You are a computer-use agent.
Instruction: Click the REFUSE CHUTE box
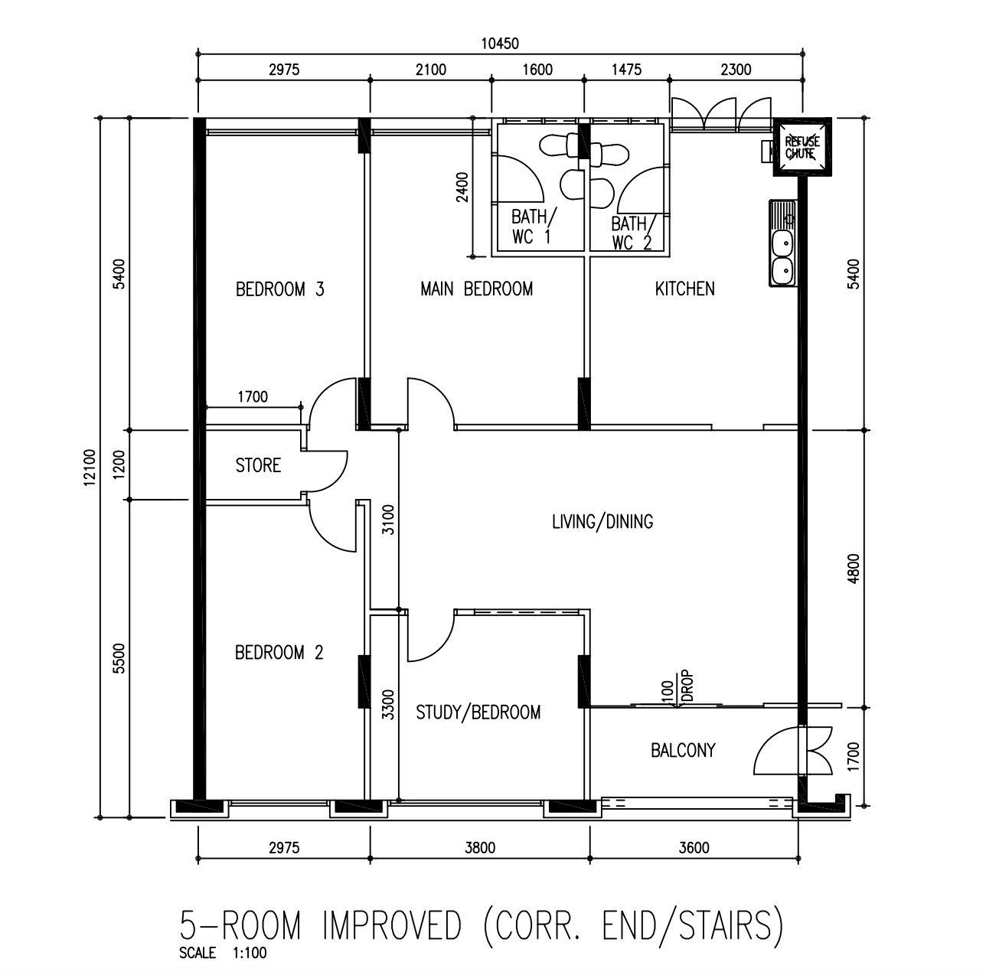pos(802,148)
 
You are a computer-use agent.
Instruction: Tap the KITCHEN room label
pos(684,289)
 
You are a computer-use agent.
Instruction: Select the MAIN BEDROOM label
pos(476,289)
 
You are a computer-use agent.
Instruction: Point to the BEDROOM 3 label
pos(280,289)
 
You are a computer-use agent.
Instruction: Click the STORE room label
pos(258,465)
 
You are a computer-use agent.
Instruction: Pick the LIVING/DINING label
pos(602,522)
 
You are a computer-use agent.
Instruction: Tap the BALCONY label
pos(683,751)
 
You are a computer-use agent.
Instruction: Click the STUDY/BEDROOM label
pos(478,712)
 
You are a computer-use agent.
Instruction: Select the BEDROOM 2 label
pos(279,653)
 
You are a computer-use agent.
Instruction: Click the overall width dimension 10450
pos(500,44)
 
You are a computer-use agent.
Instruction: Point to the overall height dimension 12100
pos(90,468)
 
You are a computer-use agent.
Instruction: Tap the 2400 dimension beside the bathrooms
pos(462,187)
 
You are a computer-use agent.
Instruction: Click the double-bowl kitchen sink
pos(782,243)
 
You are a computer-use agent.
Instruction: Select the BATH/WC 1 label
pos(531,227)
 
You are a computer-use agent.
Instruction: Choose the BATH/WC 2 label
pos(631,233)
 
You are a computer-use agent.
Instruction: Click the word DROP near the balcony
pos(687,686)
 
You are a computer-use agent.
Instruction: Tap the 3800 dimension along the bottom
pos(480,848)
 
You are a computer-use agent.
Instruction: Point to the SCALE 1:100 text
pos(223,953)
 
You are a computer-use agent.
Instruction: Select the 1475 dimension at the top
pos(626,70)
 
